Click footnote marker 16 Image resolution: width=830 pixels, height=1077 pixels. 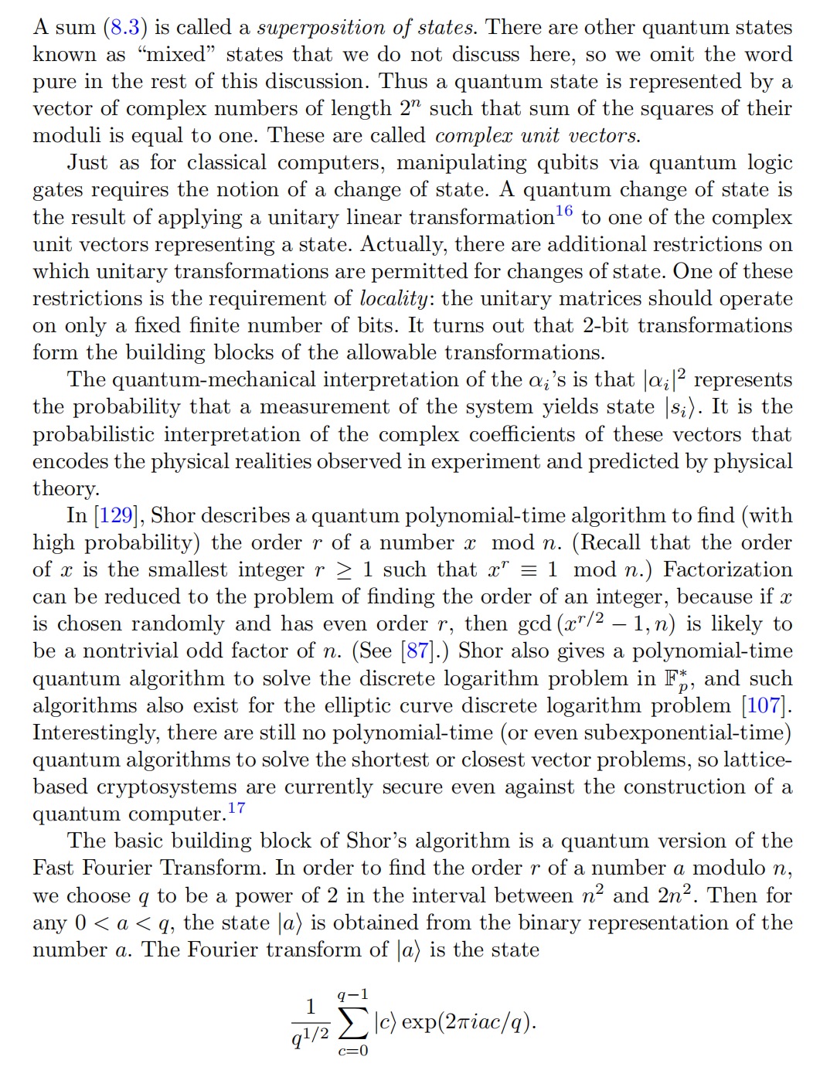coord(564,211)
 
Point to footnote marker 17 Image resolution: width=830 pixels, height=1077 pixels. coord(236,808)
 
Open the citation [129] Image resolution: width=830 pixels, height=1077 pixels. coord(116,516)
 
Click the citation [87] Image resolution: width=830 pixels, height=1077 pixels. coord(418,651)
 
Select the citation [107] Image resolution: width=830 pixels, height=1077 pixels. coord(764,706)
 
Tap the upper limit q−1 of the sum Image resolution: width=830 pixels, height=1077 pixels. coord(352,994)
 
